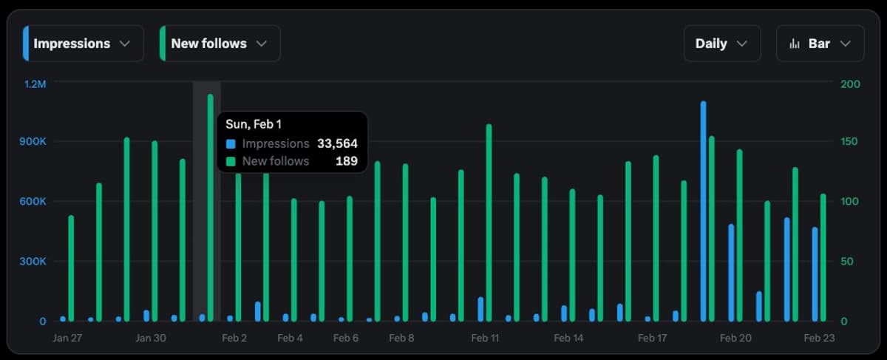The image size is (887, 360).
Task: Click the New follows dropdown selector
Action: coord(220,44)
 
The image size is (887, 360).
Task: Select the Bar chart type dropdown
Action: coord(820,44)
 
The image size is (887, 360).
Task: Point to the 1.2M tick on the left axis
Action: coord(35,84)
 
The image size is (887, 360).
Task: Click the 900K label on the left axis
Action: coord(35,141)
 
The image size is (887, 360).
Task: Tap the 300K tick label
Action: coord(35,262)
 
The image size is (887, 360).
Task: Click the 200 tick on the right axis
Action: coord(851,84)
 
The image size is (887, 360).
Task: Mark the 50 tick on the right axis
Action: coord(848,262)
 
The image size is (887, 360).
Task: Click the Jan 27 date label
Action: coord(67,338)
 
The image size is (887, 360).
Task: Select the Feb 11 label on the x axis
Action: coord(485,338)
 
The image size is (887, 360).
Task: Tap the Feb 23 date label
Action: coord(819,338)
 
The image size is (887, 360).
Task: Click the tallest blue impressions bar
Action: coord(703,211)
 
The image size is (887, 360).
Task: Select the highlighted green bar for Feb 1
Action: coord(211,208)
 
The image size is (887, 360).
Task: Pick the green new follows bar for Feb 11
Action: coord(489,223)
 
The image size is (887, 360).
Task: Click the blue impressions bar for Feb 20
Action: coord(731,273)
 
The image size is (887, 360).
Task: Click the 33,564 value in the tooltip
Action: coord(337,143)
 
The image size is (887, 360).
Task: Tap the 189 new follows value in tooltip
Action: coord(346,160)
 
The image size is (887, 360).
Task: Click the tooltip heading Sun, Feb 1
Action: coord(254,124)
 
